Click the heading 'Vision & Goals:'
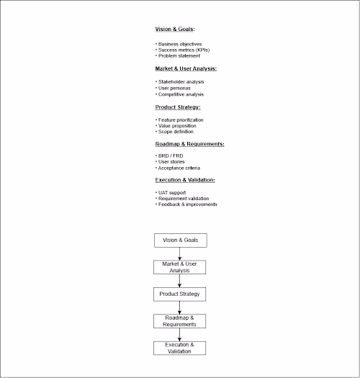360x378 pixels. tap(176, 30)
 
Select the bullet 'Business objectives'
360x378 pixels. tap(180, 44)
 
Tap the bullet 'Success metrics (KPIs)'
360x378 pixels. tap(184, 50)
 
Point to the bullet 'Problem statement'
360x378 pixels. tap(178, 55)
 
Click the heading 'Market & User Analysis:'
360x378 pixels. tap(186, 68)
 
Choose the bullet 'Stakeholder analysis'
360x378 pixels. tap(181, 82)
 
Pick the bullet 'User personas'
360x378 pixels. tap(174, 88)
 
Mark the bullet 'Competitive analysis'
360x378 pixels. tap(181, 94)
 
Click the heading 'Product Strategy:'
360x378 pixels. tap(178, 107)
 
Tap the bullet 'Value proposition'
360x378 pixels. tap(177, 125)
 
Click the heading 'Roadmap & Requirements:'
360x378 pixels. tap(189, 144)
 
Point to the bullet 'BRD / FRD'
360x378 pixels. tap(171, 156)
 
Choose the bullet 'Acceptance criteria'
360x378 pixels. tap(179, 168)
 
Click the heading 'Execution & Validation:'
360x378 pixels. tap(185, 179)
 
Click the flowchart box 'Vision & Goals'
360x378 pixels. tap(180, 240)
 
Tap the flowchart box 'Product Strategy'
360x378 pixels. tap(180, 294)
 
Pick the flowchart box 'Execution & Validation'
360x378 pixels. tap(180, 348)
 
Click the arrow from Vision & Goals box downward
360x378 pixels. tap(180, 253)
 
